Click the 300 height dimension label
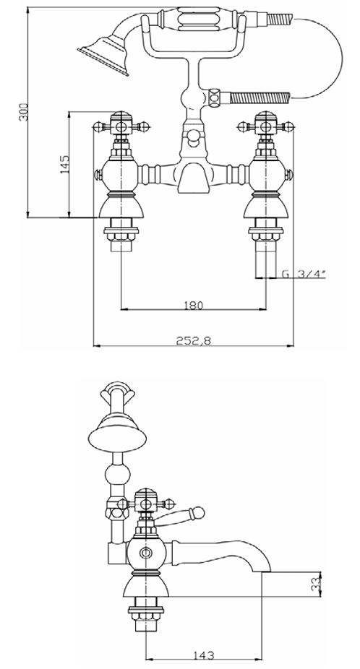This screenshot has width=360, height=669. coord(25,112)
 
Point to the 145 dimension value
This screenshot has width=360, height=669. coord(65,164)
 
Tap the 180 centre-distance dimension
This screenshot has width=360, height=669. coord(194,305)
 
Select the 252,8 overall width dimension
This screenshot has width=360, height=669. coord(194,340)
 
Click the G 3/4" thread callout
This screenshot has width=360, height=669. coord(303,275)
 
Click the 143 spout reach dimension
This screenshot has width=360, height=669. coord(205,655)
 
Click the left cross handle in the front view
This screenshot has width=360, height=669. coord(121,126)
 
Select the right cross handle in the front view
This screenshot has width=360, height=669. coord(265,126)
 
